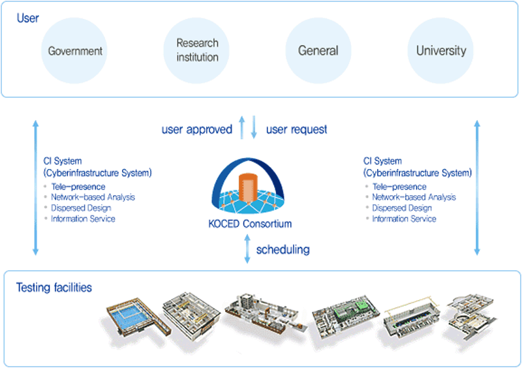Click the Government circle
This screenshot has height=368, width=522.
pos(75,51)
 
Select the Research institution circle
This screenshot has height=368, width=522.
pos(197,51)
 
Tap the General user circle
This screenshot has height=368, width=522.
pos(318,51)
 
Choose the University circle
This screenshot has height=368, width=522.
pos(441,51)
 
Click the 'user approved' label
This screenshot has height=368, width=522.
pos(196,129)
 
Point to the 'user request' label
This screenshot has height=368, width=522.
pos(297,129)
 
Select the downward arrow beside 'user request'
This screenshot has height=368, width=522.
pos(254,128)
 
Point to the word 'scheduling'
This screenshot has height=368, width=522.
pos(283,249)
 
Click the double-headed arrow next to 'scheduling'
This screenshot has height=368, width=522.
pos(247,249)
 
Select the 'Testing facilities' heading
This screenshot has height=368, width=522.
pos(54,287)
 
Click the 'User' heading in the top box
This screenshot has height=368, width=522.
pos(27,18)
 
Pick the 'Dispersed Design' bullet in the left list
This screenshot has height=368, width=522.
pos(81,208)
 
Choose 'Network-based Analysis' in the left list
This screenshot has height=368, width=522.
pos(93,197)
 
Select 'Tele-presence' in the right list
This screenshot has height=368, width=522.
pos(398,187)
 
